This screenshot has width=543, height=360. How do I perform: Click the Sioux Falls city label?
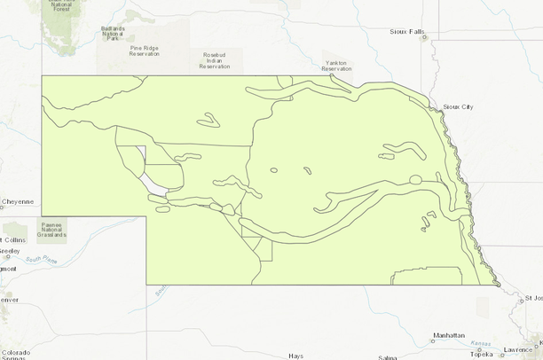pyautogui.click(x=406, y=32)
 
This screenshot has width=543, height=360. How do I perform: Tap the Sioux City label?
pyautogui.click(x=458, y=106)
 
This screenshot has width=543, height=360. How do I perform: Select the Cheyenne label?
pyautogui.click(x=17, y=201)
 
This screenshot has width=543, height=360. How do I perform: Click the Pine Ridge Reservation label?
pyautogui.click(x=144, y=51)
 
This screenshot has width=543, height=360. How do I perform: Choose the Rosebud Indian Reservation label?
pyautogui.click(x=215, y=59)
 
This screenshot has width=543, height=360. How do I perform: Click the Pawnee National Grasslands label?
pyautogui.click(x=51, y=231)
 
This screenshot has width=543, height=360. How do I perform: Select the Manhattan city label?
pyautogui.click(x=448, y=336)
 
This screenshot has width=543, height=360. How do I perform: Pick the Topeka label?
pyautogui.click(x=482, y=354)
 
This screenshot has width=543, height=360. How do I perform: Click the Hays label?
pyautogui.click(x=295, y=356)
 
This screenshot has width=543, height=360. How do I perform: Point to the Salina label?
pyautogui.click(x=387, y=356)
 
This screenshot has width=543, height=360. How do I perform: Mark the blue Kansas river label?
pyautogui.click(x=482, y=343)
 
